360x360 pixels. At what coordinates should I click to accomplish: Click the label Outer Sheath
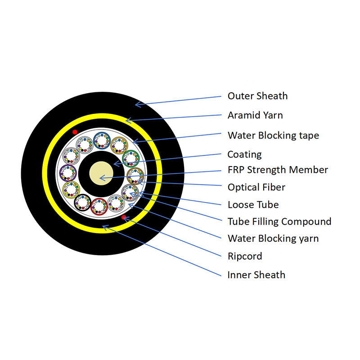(257, 96)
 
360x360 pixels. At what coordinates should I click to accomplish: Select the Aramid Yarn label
(255, 115)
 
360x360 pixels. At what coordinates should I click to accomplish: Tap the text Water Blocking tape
(273, 135)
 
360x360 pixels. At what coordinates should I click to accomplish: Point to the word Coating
(244, 154)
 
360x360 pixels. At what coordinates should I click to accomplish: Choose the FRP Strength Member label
(278, 170)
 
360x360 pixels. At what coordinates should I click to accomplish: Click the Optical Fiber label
(256, 187)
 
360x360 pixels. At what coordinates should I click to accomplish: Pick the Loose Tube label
(253, 205)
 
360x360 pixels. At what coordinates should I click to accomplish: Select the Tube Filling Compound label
(279, 221)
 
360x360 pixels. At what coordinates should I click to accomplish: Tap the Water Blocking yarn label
(273, 238)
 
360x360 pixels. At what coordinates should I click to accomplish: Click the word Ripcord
(245, 256)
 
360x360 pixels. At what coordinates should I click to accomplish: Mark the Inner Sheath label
(256, 275)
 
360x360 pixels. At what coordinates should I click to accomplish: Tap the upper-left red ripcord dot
(75, 132)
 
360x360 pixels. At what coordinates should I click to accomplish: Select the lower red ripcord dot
(124, 218)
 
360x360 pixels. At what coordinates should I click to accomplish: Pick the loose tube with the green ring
(131, 158)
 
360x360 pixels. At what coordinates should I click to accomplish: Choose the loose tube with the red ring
(99, 207)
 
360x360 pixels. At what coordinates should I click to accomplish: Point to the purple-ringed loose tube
(69, 173)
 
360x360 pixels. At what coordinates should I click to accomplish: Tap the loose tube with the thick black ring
(83, 202)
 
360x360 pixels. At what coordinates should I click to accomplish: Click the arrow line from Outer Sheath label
(180, 100)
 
